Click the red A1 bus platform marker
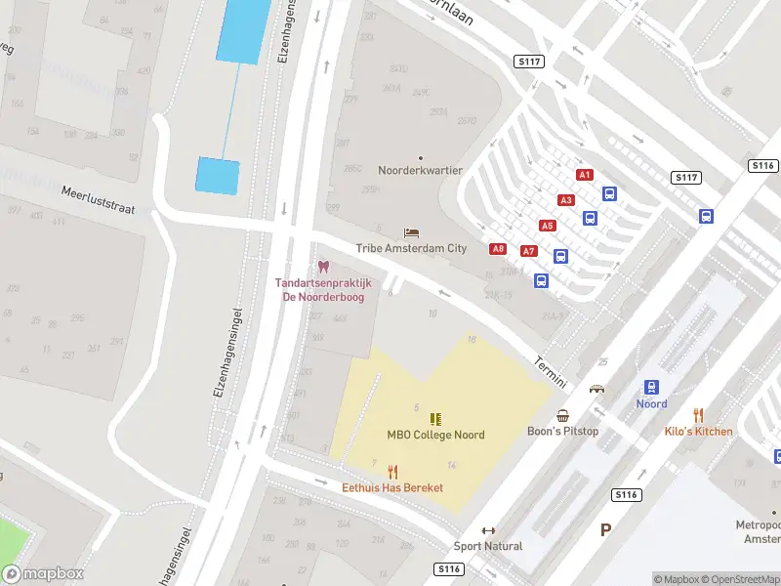[x=585, y=175]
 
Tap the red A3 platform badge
[x=566, y=200]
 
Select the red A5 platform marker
[x=548, y=226]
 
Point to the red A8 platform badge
[x=498, y=249]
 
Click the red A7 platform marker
[x=529, y=251]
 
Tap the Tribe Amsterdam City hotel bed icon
[x=411, y=233]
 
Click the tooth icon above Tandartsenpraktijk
[x=323, y=267]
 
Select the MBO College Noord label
[x=435, y=435]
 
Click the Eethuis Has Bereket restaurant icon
[x=392, y=471]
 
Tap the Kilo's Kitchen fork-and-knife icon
[x=698, y=415]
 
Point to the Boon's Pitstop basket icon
[x=563, y=415]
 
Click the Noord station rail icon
[x=652, y=388]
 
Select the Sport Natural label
[x=488, y=546]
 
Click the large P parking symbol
[x=605, y=530]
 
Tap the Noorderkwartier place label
[x=421, y=170]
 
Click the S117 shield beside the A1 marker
[x=686, y=178]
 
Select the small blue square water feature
[x=218, y=176]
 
